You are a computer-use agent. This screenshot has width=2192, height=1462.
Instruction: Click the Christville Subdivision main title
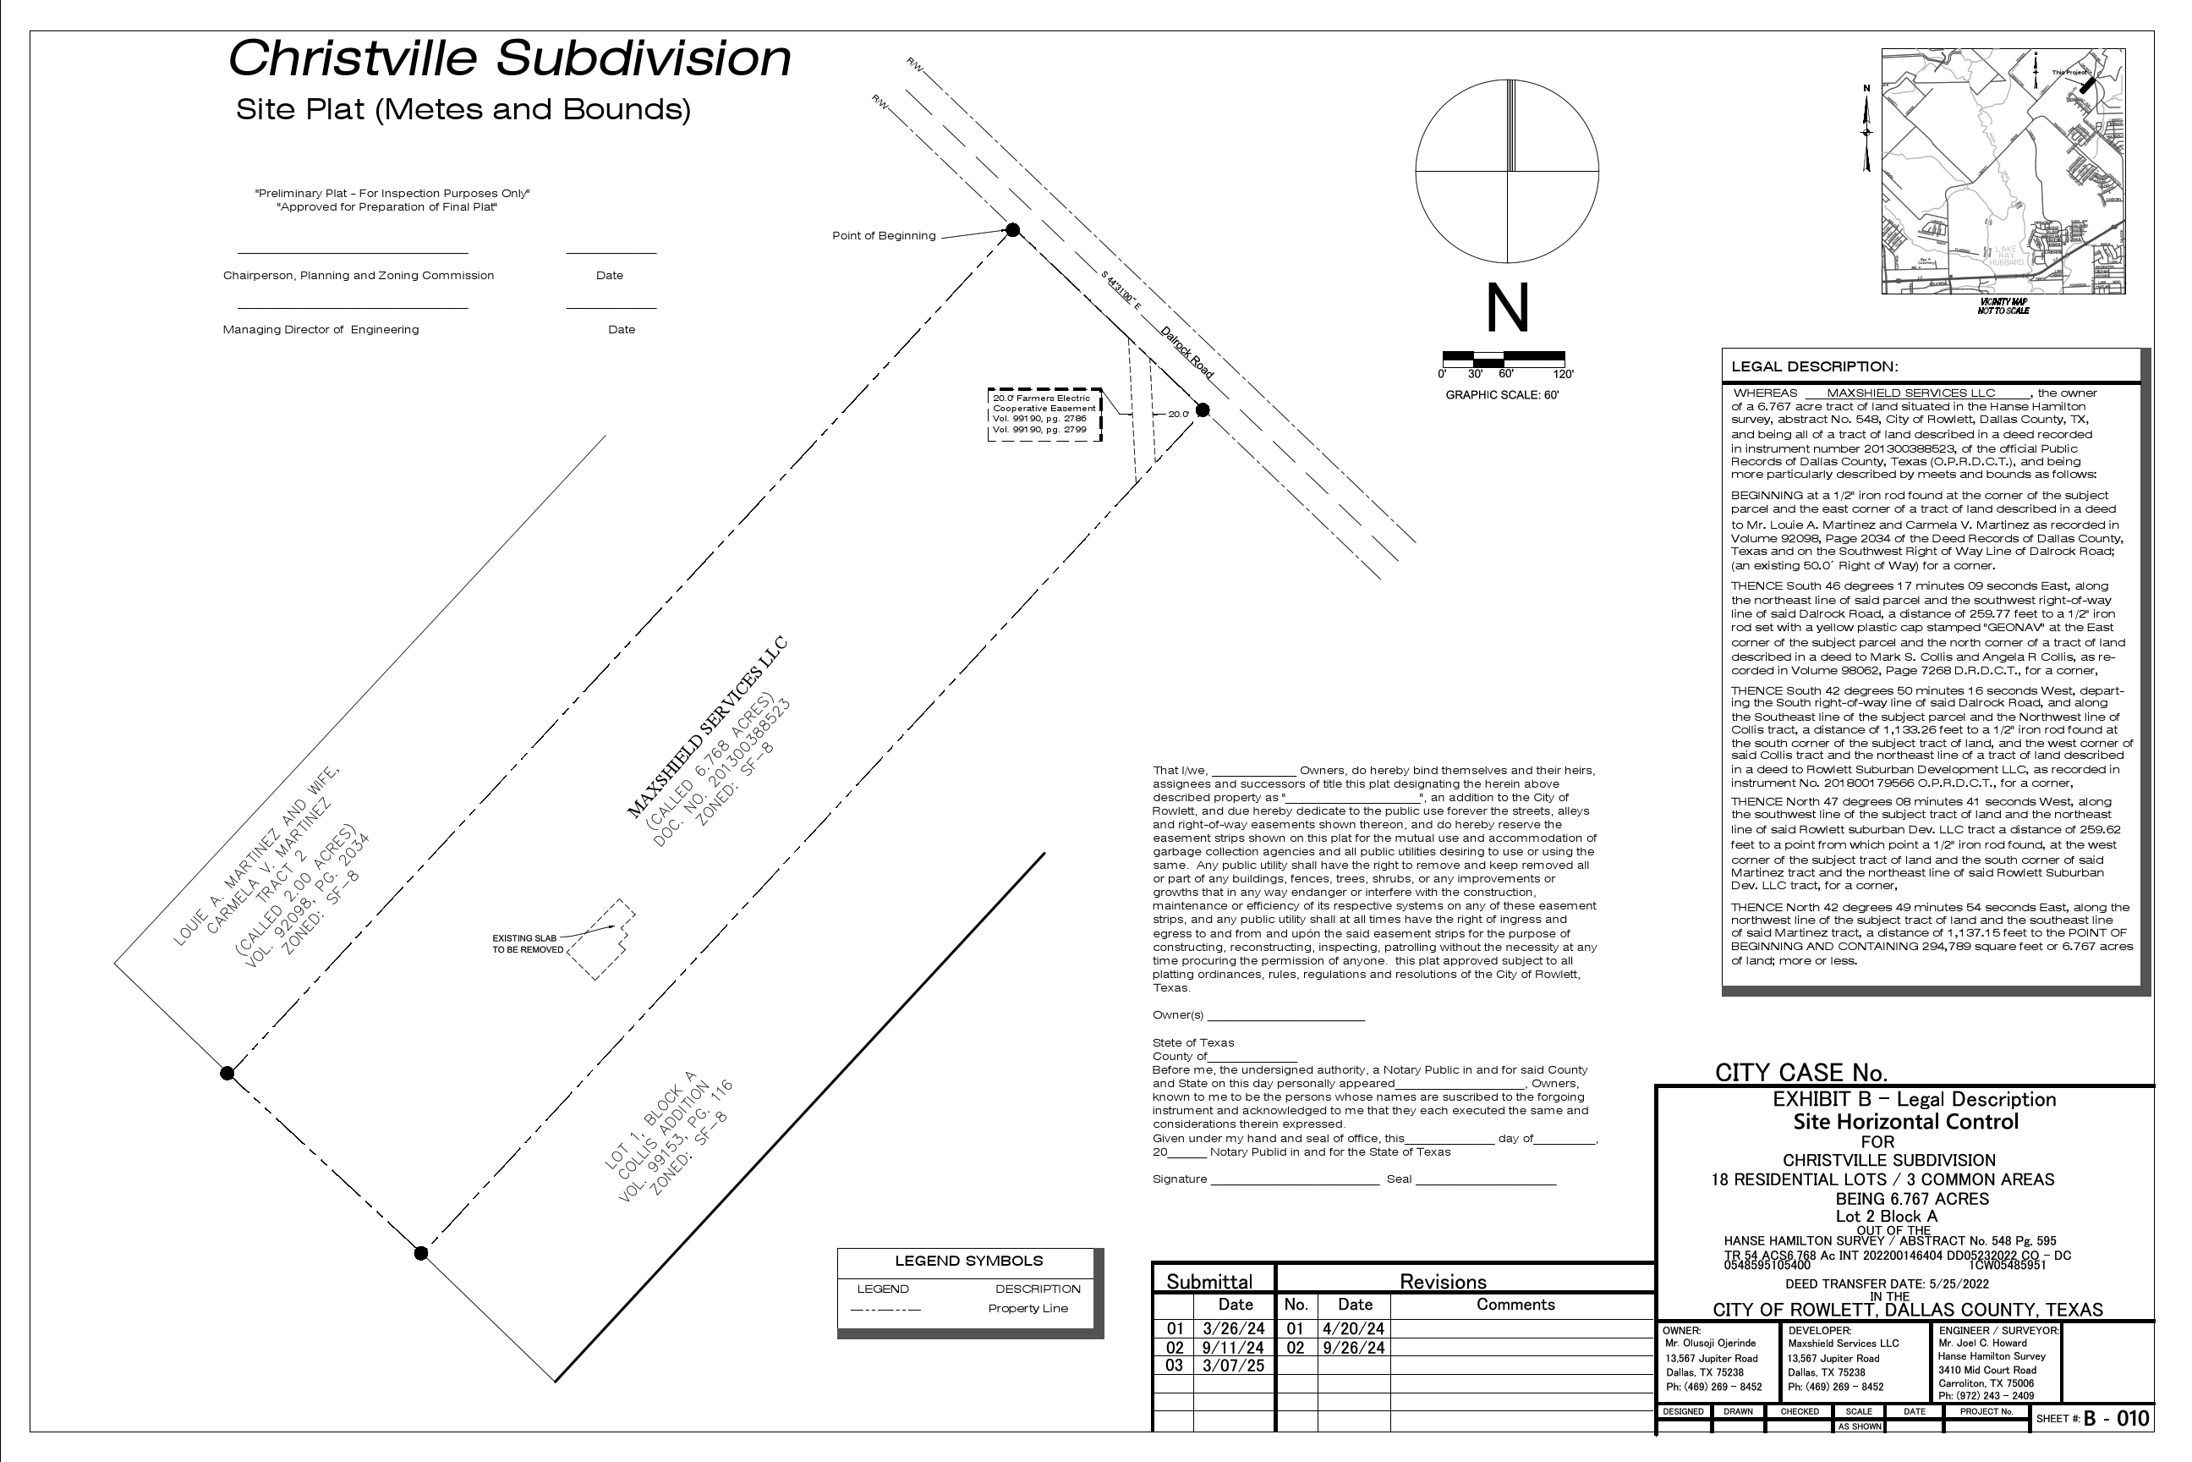pyautogui.click(x=510, y=58)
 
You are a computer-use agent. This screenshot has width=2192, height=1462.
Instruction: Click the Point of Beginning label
pyautogui.click(x=884, y=236)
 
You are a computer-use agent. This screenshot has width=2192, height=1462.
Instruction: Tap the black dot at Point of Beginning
pyautogui.click(x=1013, y=230)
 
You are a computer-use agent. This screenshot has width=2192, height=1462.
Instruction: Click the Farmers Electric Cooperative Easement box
pyautogui.click(x=1044, y=414)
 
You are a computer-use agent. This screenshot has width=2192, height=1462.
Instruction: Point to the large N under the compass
pyautogui.click(x=1507, y=309)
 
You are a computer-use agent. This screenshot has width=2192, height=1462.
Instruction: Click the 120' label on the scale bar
pyautogui.click(x=1563, y=374)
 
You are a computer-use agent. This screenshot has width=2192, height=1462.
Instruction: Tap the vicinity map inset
pyautogui.click(x=2003, y=172)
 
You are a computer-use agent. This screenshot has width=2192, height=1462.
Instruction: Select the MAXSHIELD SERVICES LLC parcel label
pyautogui.click(x=706, y=729)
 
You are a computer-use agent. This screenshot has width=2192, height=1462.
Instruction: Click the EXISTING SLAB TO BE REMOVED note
pyautogui.click(x=528, y=943)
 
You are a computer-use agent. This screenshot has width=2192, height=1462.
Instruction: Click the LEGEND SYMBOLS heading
pyautogui.click(x=968, y=1261)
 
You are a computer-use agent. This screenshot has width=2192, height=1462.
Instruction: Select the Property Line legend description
pyautogui.click(x=1028, y=1308)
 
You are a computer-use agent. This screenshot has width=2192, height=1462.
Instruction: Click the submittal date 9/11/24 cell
pyautogui.click(x=1234, y=1347)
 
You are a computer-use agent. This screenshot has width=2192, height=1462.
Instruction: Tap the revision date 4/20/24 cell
pyautogui.click(x=1354, y=1328)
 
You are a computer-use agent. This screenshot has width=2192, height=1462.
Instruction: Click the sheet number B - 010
pyautogui.click(x=2117, y=1418)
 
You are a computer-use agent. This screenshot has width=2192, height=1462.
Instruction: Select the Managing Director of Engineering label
pyautogui.click(x=321, y=329)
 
